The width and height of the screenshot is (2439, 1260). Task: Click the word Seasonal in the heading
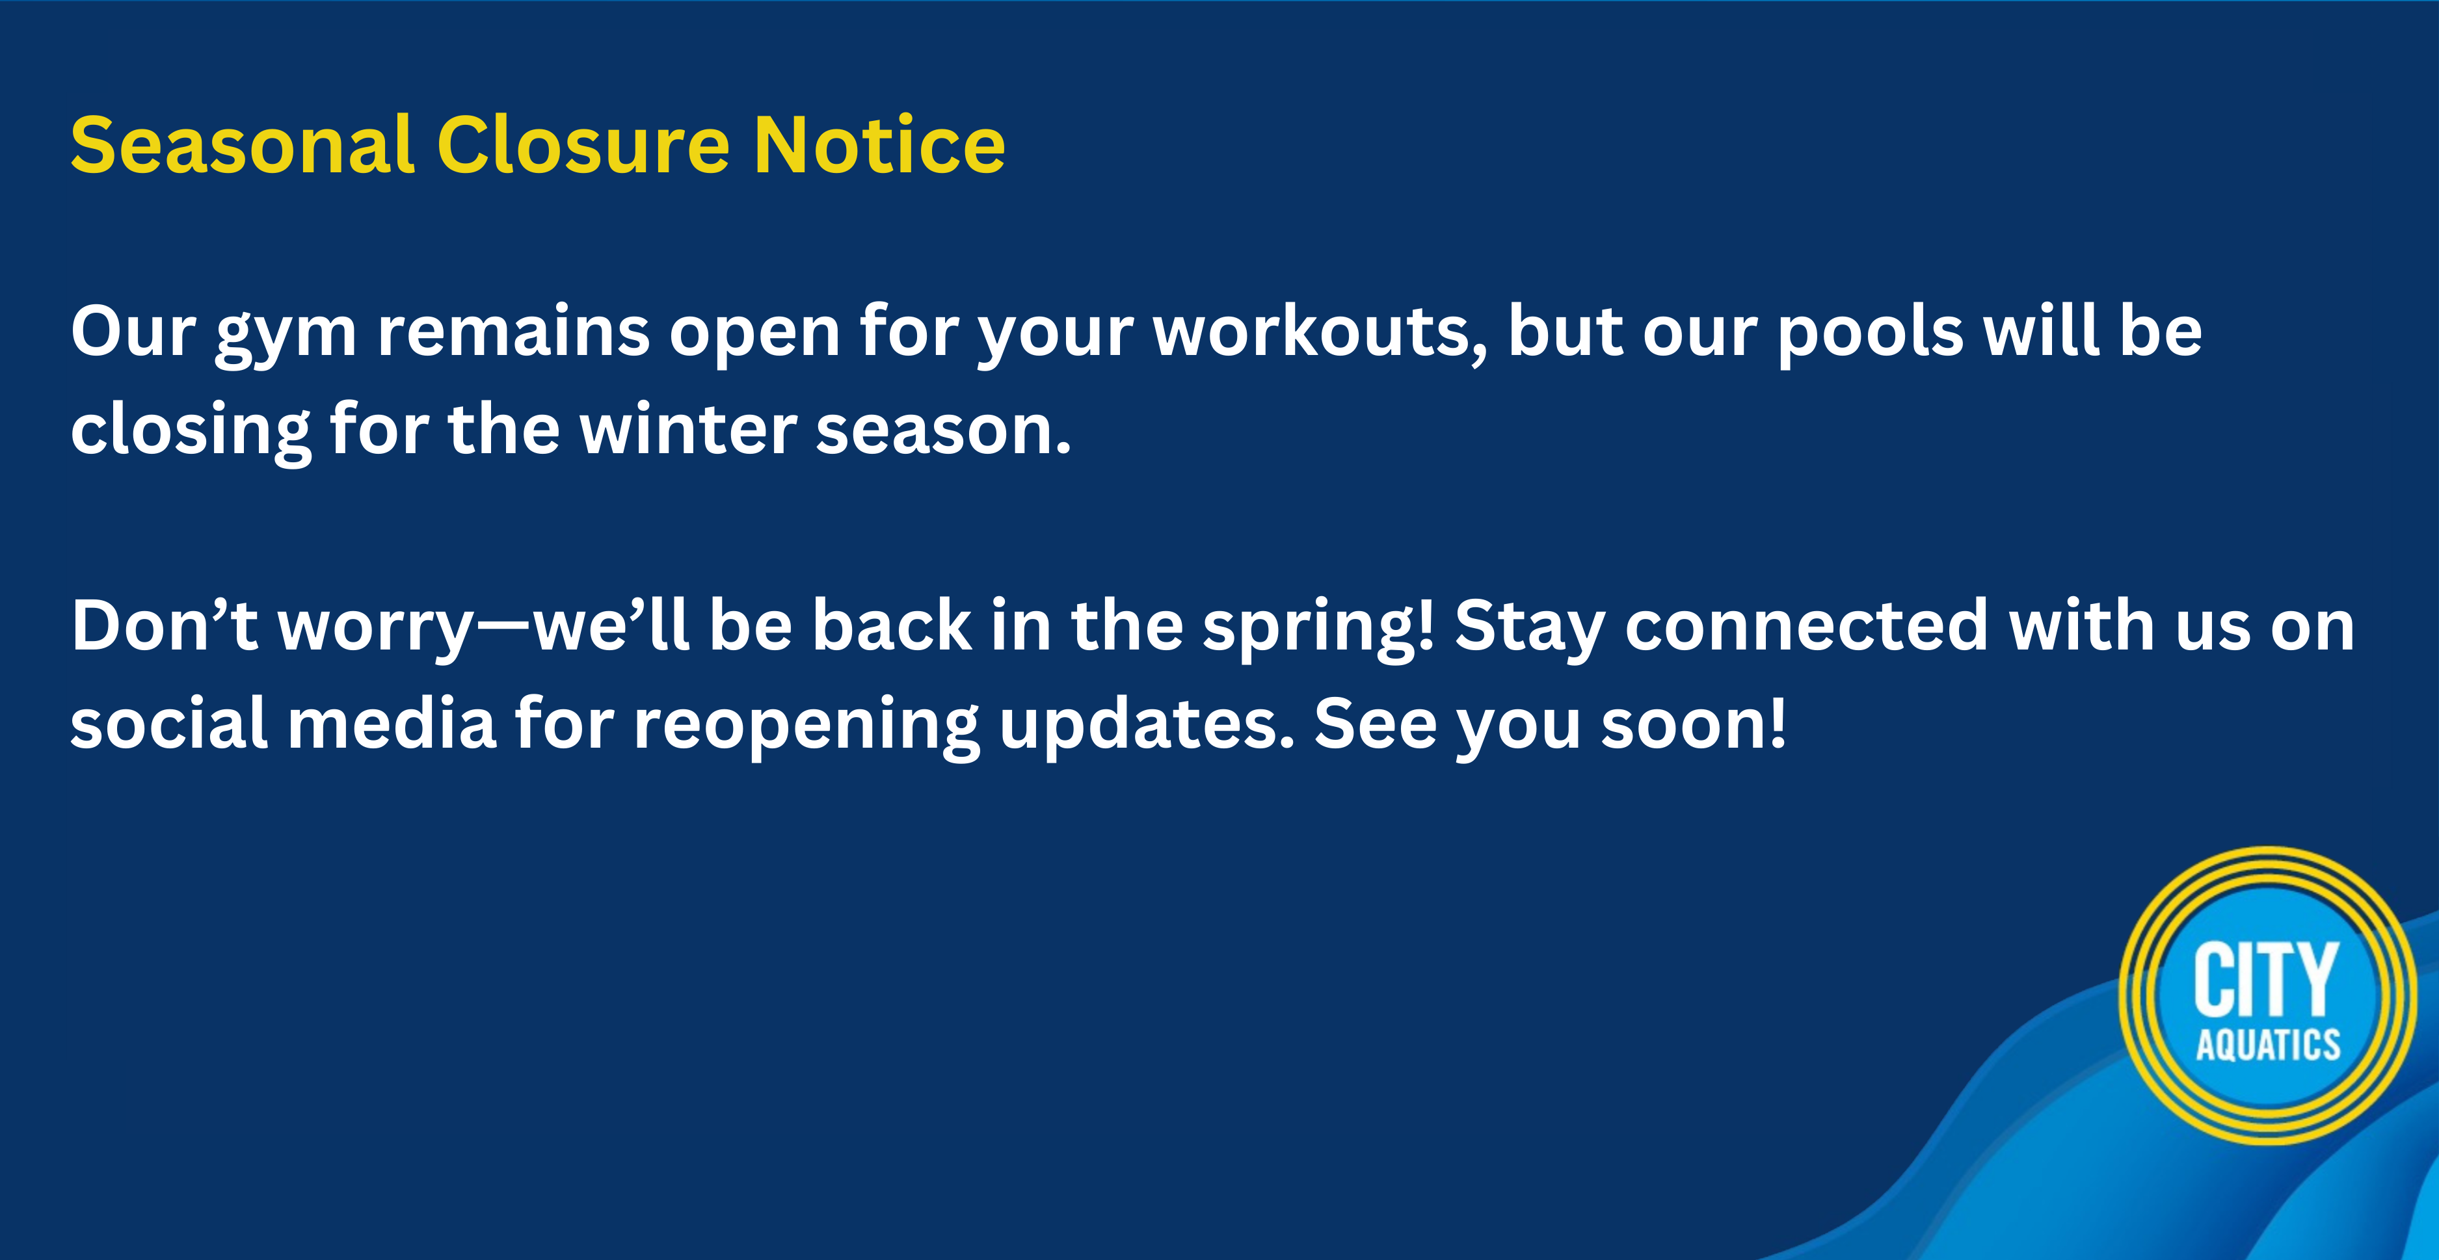(243, 145)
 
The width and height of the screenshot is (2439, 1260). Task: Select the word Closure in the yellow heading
(583, 145)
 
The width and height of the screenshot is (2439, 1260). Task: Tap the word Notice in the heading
(879, 145)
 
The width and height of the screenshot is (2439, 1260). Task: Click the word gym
(286, 337)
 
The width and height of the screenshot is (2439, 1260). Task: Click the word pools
(1870, 337)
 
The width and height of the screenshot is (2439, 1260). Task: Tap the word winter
(687, 431)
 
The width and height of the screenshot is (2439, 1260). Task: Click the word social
(168, 724)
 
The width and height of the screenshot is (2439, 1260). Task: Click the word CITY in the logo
(2266, 980)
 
